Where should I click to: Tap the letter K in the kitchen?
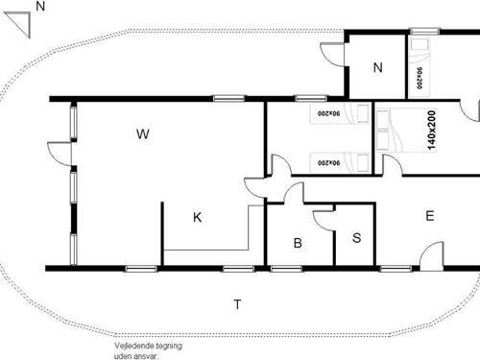coord(197,217)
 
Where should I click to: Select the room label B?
coord(298,244)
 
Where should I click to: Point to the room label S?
coord(356,237)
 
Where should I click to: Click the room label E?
coord(429,216)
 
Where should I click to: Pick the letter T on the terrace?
coord(237,304)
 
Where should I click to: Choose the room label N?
coord(377,67)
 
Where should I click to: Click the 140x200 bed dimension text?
coord(431,129)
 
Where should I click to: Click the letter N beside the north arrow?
coord(39,7)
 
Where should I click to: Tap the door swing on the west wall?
coord(60,154)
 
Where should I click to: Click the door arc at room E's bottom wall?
coord(431,254)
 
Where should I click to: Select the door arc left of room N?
coord(334,55)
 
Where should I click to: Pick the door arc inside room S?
coord(324,222)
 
